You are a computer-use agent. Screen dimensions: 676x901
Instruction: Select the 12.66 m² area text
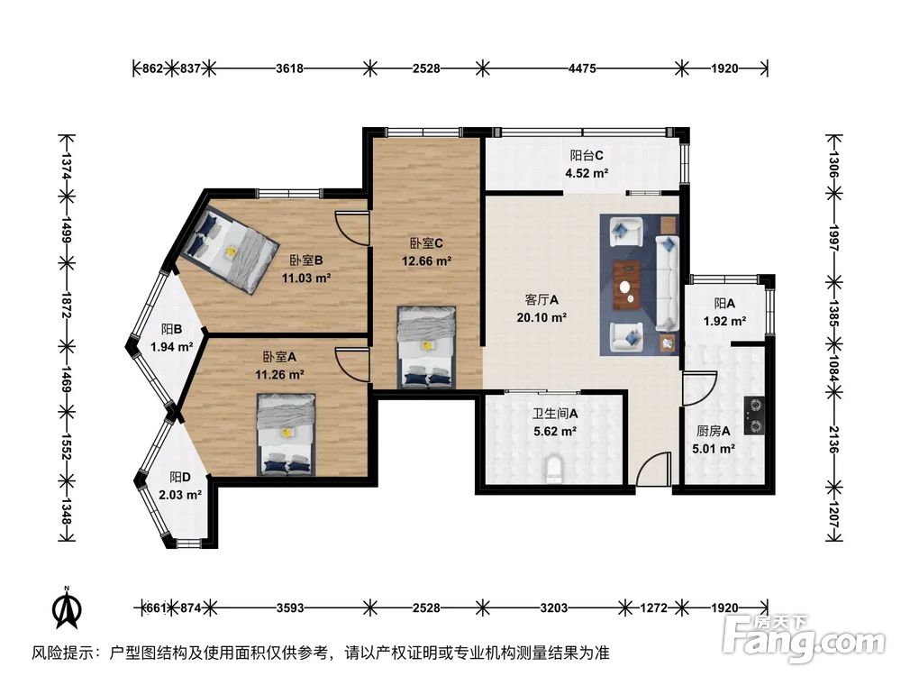point(426,261)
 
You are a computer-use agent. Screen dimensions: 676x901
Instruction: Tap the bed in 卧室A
point(287,434)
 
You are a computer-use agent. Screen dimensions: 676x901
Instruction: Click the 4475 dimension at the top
point(581,68)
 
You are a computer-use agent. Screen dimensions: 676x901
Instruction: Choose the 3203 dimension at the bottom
point(553,607)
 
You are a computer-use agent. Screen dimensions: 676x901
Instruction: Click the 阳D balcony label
point(180,477)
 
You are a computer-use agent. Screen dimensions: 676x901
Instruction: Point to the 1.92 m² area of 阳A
point(724,321)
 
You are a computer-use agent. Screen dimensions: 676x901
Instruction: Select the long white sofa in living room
point(668,282)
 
